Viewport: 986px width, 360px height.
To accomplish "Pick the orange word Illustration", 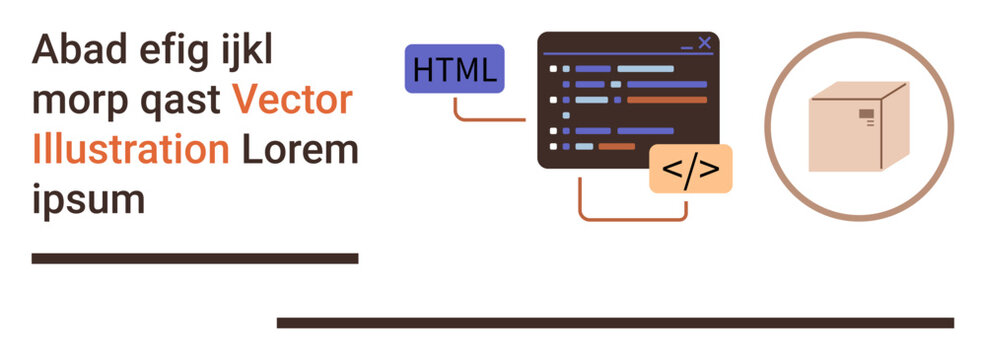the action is pos(131,150).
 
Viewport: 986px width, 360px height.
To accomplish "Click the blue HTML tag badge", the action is pos(453,70).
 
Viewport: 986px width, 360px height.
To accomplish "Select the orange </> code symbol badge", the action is pos(690,169).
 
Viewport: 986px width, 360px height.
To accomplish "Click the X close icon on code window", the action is pos(704,42).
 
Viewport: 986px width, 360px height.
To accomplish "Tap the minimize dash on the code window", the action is pos(686,46).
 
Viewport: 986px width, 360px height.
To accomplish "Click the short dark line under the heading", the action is pos(195,258).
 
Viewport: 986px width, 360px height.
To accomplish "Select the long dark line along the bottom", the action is pos(614,322).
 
